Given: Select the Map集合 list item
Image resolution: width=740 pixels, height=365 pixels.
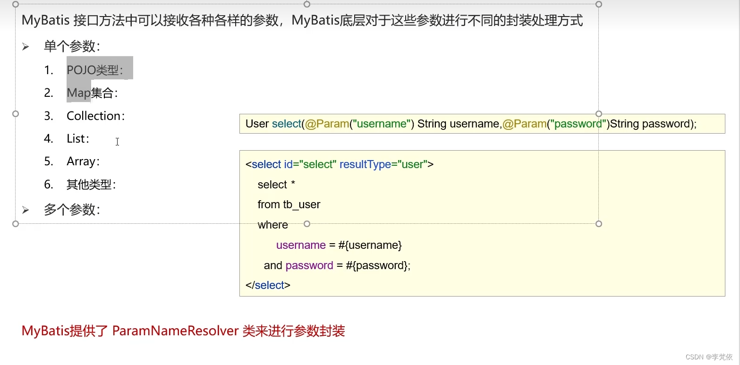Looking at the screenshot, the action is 92,93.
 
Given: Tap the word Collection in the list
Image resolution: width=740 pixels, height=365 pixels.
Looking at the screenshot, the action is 94,116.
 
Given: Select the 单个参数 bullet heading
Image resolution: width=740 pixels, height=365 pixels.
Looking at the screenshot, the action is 71,46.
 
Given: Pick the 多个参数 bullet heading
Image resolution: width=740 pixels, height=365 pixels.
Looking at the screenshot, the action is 71,210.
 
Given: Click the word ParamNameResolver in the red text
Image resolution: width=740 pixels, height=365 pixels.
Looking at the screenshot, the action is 175,331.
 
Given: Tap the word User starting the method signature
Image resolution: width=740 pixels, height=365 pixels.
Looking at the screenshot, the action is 257,124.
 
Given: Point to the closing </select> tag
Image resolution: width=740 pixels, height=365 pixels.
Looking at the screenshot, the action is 268,285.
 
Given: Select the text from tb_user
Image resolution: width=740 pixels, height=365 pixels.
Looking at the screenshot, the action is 289,204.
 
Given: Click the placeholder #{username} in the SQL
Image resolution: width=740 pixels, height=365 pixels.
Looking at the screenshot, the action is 370,245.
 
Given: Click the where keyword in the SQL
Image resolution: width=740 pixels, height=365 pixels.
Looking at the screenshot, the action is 272,225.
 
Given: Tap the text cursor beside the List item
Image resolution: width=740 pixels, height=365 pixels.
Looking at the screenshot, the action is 117,141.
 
